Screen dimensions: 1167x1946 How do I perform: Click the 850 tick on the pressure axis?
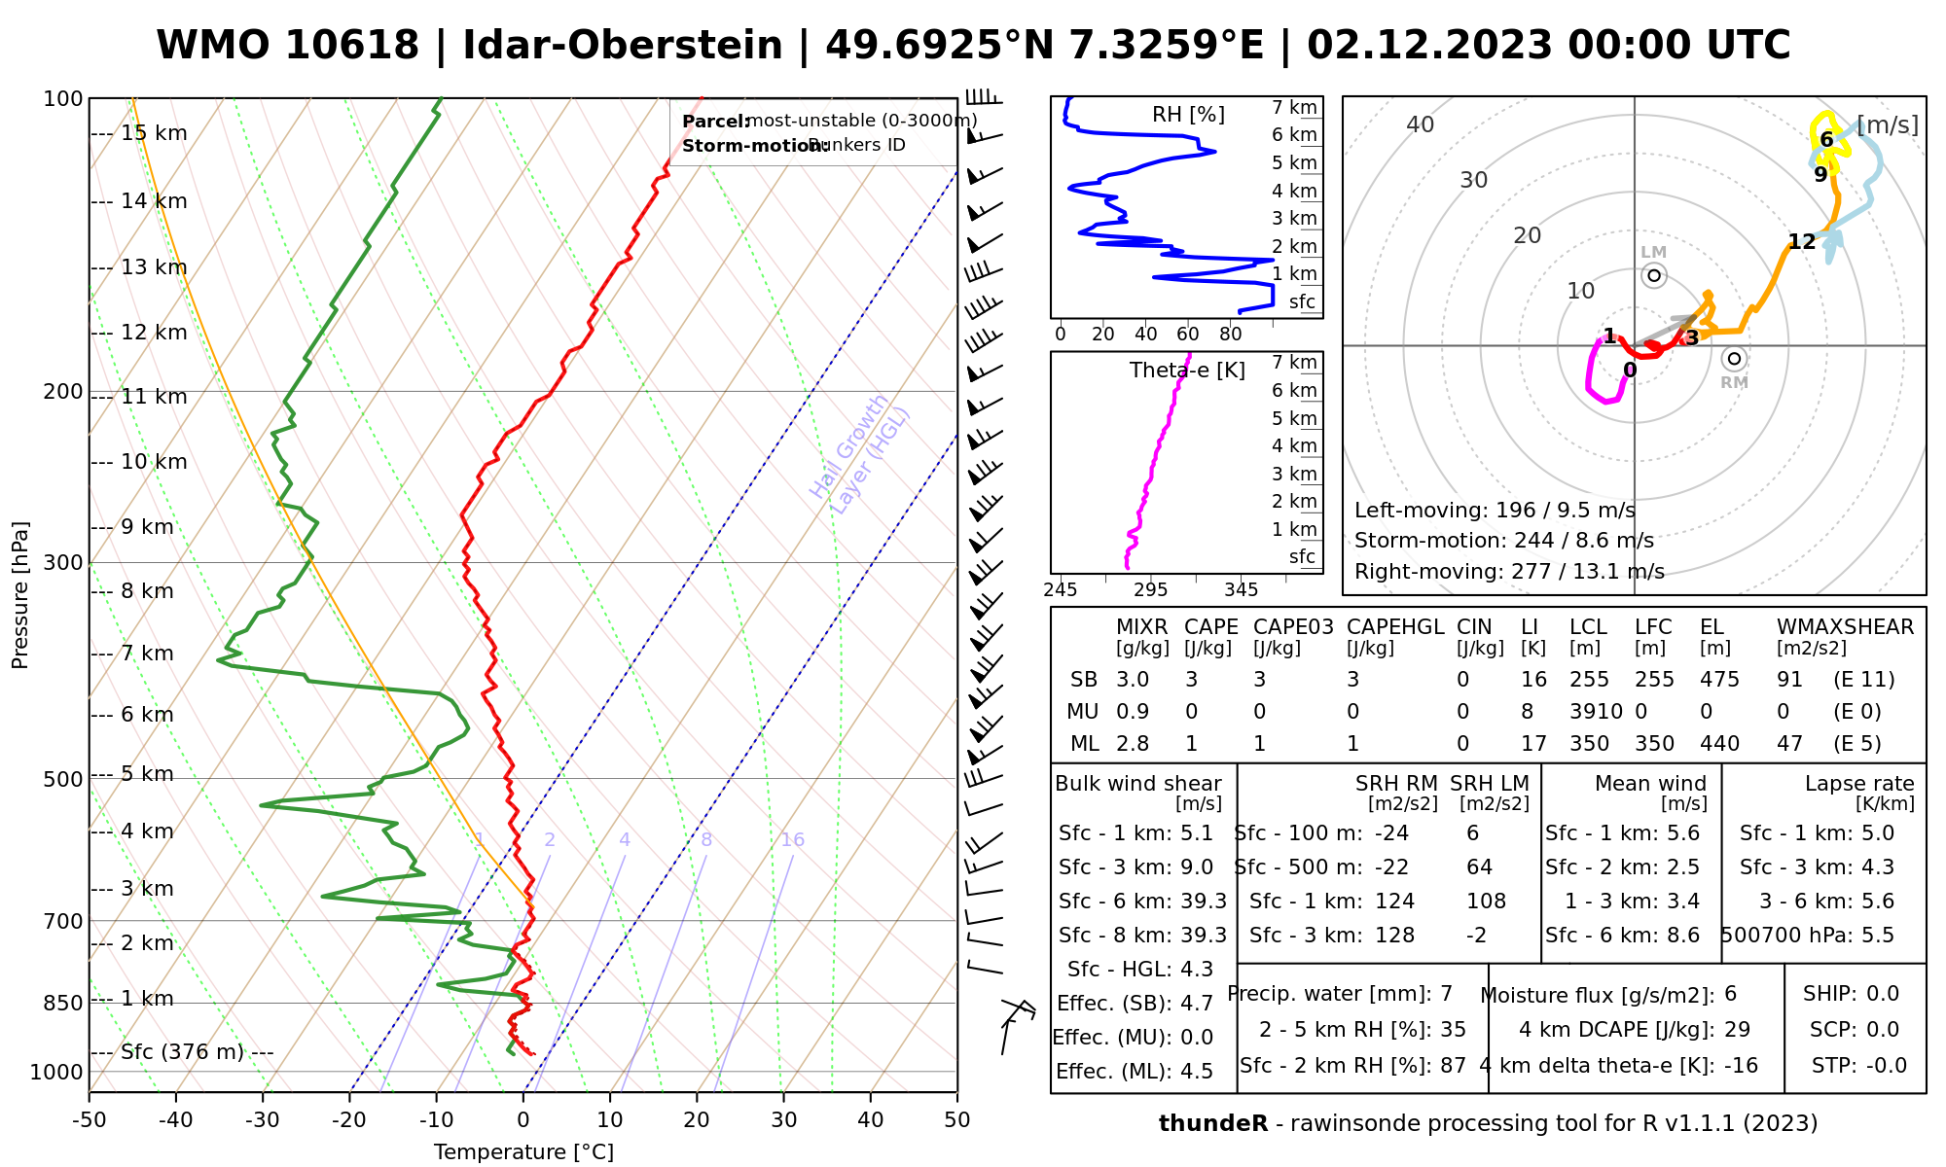pyautogui.click(x=63, y=1003)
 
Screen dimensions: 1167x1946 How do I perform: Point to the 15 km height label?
pyautogui.click(x=154, y=133)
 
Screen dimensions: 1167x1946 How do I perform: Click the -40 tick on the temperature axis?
pyautogui.click(x=176, y=1119)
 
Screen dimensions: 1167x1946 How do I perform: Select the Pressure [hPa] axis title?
pyautogui.click(x=20, y=595)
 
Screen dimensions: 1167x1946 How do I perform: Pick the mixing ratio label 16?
pyautogui.click(x=792, y=840)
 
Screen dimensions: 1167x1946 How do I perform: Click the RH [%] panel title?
pyautogui.click(x=1188, y=115)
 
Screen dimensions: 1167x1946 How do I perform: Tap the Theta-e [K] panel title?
pyautogui.click(x=1187, y=371)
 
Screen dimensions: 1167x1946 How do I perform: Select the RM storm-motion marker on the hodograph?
pyautogui.click(x=1734, y=359)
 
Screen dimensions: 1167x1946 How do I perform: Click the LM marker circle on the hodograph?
pyautogui.click(x=1654, y=276)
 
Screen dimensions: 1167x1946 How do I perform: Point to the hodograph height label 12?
pyautogui.click(x=1802, y=242)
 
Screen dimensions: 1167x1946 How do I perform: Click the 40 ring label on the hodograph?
pyautogui.click(x=1421, y=124)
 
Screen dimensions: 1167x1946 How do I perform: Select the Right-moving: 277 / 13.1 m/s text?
pyautogui.click(x=1509, y=571)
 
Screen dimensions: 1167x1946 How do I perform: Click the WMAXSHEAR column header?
pyautogui.click(x=1845, y=627)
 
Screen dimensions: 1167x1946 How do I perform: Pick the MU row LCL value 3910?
pyautogui.click(x=1596, y=712)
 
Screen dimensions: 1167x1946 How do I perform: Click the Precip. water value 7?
pyautogui.click(x=1446, y=994)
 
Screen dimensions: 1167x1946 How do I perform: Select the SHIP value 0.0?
pyautogui.click(x=1882, y=994)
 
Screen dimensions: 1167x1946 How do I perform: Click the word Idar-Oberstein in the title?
pyautogui.click(x=623, y=46)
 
